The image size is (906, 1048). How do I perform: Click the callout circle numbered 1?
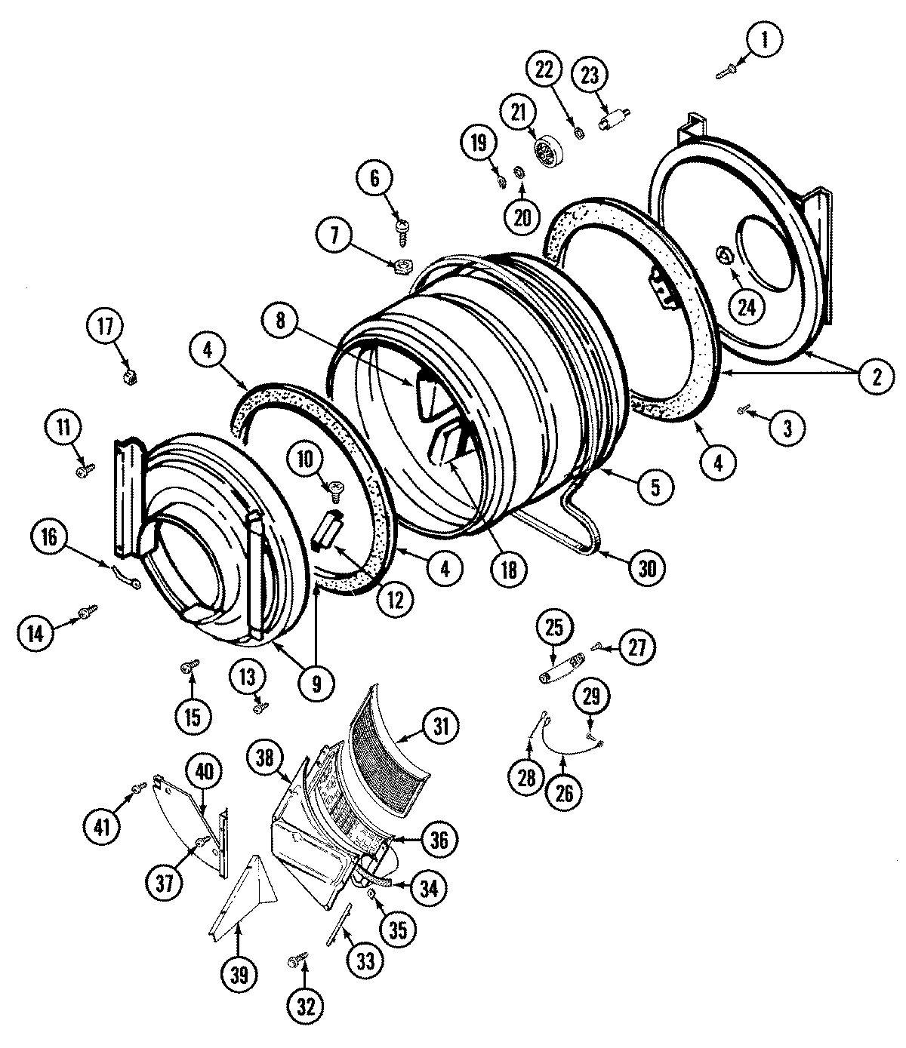(x=763, y=41)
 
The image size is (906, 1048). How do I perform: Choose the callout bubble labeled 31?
(x=440, y=727)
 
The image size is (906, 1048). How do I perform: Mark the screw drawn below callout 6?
(x=402, y=224)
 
